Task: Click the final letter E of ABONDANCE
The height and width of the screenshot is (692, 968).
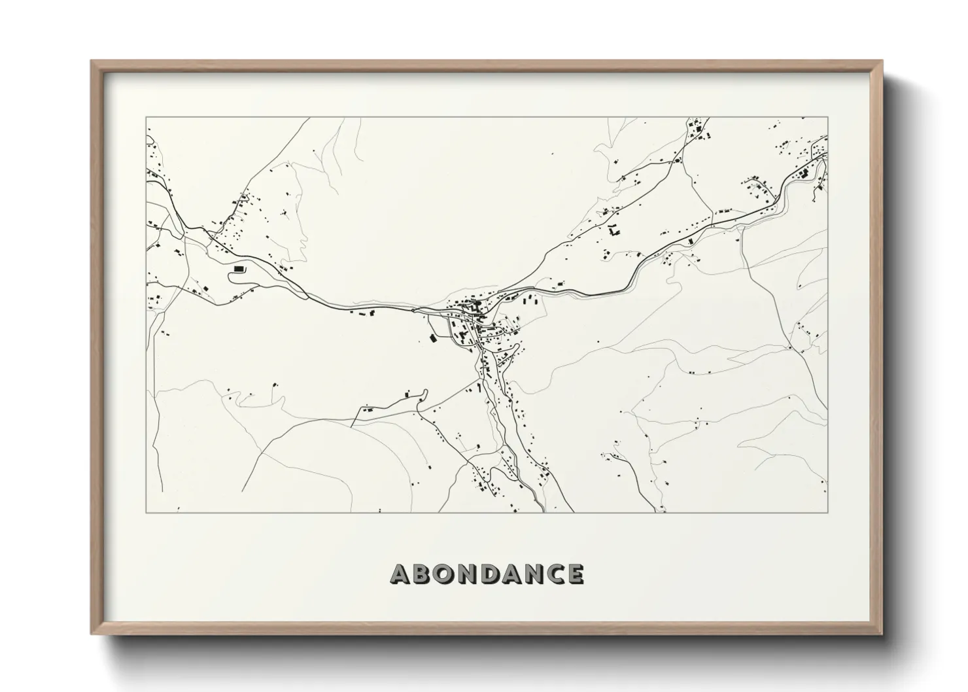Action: [x=576, y=574]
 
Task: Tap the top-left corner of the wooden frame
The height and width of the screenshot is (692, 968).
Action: [x=92, y=61]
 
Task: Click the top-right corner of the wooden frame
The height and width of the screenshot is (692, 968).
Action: [x=882, y=61]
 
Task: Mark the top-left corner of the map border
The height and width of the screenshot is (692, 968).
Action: [x=147, y=118]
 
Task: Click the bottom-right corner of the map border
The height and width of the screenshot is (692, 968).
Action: [x=827, y=512]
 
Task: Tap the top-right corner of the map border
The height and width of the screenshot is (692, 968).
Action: [x=827, y=118]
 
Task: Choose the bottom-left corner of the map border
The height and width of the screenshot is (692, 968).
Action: [x=147, y=512]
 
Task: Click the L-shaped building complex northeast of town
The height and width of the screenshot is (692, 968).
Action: [x=614, y=230]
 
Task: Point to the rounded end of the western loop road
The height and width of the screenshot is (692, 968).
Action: [x=230, y=276]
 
